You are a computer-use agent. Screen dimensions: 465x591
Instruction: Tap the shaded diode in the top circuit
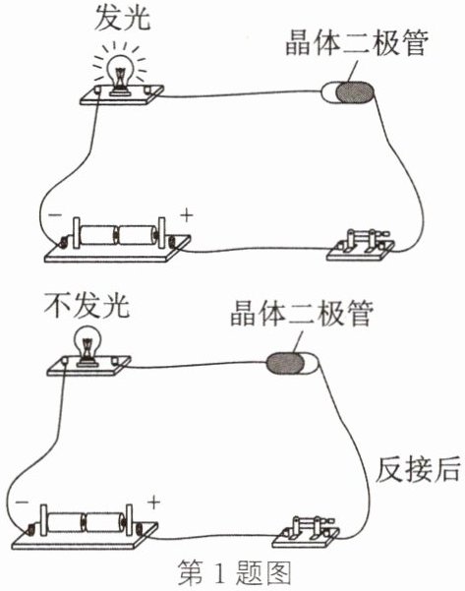[x=355, y=92]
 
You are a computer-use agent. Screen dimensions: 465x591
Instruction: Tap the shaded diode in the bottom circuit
[x=285, y=363]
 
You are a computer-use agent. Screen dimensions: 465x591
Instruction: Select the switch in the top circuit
[x=361, y=245]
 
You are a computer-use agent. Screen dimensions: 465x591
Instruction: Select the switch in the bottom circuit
[x=306, y=531]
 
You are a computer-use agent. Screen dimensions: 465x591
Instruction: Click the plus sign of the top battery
[x=187, y=215]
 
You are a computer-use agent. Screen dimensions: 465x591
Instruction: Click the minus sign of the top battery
[x=55, y=214]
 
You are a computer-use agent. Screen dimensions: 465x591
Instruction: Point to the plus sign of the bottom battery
[x=153, y=502]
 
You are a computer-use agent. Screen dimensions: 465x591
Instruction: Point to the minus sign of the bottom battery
[x=22, y=502]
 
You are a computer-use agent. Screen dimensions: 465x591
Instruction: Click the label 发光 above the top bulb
[x=123, y=18]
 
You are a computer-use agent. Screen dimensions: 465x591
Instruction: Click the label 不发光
[x=87, y=305]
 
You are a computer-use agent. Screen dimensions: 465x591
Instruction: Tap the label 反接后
[x=418, y=469]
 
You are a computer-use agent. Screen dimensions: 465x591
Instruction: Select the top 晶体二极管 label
[x=357, y=42]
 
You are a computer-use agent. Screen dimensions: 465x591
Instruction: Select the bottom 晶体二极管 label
[x=302, y=313]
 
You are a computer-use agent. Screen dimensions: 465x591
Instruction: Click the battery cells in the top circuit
[x=118, y=235]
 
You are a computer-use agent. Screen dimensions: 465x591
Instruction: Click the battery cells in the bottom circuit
[x=86, y=522]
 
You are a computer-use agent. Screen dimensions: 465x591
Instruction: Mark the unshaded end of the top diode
[x=329, y=92]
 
